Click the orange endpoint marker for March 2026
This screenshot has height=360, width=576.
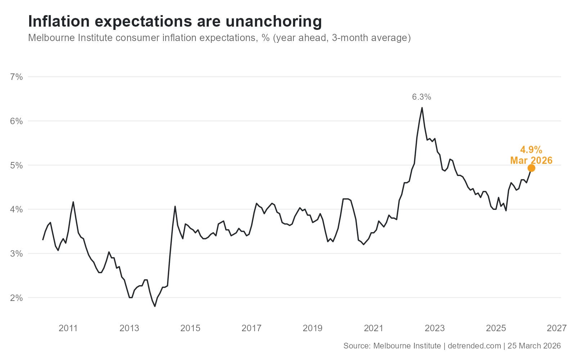[531, 168]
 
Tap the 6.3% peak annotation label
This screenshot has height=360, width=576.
[422, 97]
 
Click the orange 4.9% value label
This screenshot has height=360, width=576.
[531, 150]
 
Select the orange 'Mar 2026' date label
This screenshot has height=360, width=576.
[531, 161]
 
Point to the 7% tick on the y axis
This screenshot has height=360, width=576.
[17, 77]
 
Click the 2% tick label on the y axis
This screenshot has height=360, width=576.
[17, 298]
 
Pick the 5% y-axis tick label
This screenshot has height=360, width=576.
[17, 165]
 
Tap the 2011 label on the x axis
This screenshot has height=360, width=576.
[68, 328]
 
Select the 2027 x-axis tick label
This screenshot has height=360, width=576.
[557, 328]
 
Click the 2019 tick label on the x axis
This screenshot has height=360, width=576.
[312, 328]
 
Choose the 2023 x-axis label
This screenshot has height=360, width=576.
[435, 328]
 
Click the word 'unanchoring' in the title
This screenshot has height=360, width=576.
[274, 22]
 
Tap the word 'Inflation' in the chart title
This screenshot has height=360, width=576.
[59, 22]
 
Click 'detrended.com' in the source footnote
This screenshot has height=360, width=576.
[474, 346]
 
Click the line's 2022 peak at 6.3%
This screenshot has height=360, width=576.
[422, 108]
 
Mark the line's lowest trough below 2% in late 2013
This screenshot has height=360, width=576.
[155, 306]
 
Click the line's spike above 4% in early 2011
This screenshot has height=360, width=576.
[73, 202]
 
